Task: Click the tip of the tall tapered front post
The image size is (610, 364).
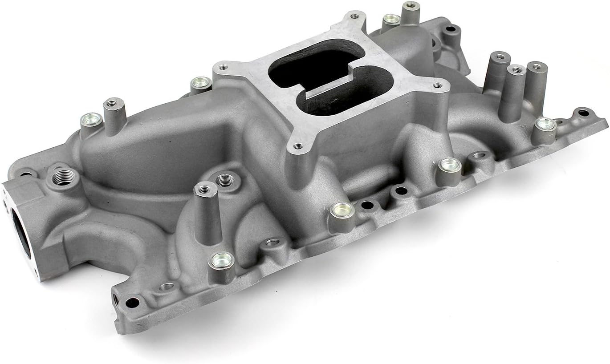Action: [x=205, y=189]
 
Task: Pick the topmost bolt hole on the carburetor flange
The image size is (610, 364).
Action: [x=354, y=16]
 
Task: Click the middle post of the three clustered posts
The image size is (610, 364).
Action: [x=516, y=70]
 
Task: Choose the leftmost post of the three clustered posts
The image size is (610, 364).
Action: [x=500, y=57]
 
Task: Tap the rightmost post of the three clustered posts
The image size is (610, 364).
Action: [x=537, y=67]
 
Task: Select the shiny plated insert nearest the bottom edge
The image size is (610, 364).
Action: [x=221, y=260]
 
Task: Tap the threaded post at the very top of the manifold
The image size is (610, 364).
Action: [x=411, y=6]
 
